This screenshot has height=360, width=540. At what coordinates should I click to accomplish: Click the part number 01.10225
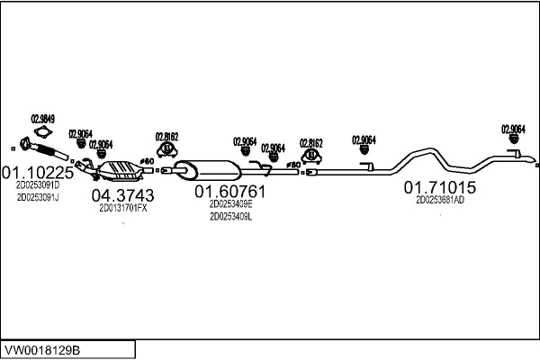pyautogui.click(x=37, y=172)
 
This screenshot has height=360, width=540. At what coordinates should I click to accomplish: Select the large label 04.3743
pyautogui.click(x=122, y=195)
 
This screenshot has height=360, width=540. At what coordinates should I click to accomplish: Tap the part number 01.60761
pyautogui.click(x=230, y=192)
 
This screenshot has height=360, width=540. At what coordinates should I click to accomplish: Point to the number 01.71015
pyautogui.click(x=439, y=187)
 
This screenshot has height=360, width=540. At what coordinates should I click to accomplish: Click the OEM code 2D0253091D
pyautogui.click(x=37, y=184)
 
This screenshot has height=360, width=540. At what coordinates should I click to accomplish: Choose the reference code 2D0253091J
pyautogui.click(x=37, y=196)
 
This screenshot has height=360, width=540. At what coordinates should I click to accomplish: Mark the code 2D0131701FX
pyautogui.click(x=122, y=208)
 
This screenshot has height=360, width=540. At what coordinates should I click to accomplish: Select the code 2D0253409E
pyautogui.click(x=230, y=204)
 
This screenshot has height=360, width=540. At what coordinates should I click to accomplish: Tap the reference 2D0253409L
pyautogui.click(x=230, y=216)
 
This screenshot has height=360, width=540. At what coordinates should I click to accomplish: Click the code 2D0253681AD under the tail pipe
pyautogui.click(x=439, y=200)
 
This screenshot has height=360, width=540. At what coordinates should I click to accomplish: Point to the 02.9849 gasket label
pyautogui.click(x=43, y=118)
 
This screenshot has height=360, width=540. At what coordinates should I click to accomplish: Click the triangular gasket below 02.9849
pyautogui.click(x=43, y=131)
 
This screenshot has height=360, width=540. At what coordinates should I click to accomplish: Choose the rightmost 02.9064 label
pyautogui.click(x=513, y=129)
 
